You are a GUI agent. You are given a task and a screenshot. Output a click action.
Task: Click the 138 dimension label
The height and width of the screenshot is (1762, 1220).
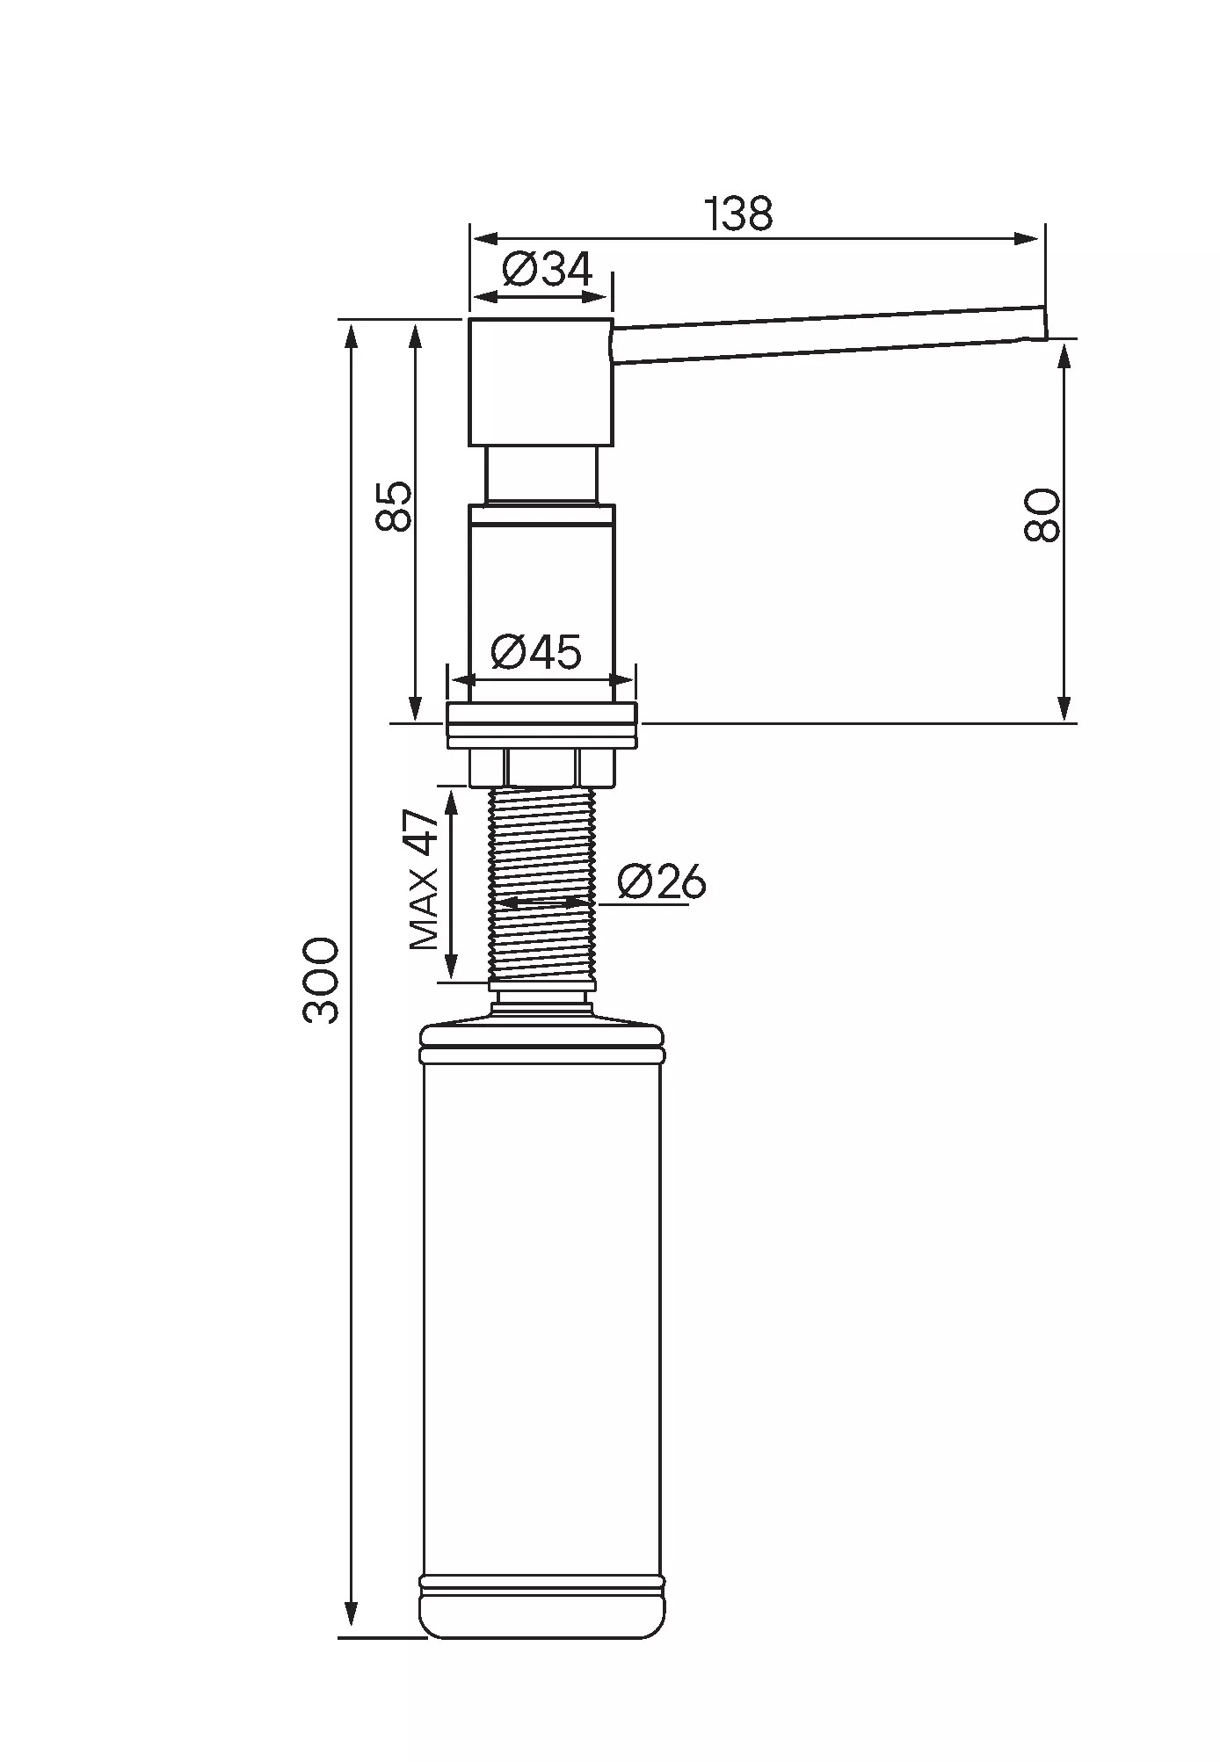pyautogui.click(x=739, y=214)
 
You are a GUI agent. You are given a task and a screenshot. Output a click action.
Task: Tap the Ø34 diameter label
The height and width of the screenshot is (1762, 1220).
pyautogui.click(x=548, y=269)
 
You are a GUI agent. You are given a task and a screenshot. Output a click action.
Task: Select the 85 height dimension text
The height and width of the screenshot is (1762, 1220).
pyautogui.click(x=394, y=506)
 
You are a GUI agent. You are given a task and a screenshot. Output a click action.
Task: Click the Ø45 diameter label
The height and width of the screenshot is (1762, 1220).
pyautogui.click(x=536, y=652)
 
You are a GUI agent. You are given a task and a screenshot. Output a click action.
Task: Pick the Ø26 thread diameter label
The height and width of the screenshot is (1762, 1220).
pyautogui.click(x=661, y=881)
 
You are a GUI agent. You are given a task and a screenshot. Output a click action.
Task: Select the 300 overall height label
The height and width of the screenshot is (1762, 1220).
pyautogui.click(x=321, y=981)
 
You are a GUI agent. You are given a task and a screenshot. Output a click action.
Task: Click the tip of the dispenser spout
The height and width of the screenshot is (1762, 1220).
pyautogui.click(x=1046, y=323)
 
